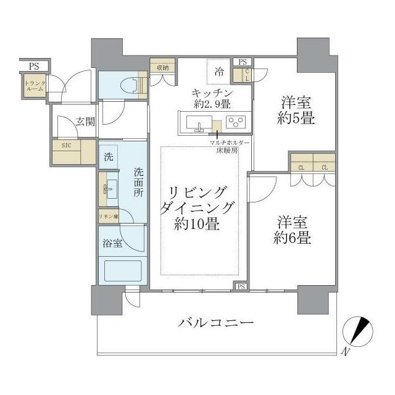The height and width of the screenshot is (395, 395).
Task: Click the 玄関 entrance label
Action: [86, 122]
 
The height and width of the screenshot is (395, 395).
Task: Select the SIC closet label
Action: [66, 146]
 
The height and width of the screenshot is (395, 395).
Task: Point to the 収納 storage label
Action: [162, 68]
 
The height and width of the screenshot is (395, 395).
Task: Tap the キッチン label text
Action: [211, 92]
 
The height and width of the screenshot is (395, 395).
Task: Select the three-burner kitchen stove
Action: [235, 121]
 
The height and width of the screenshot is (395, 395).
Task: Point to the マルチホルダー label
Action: [225, 143]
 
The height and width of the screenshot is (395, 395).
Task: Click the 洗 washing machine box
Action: [109, 157]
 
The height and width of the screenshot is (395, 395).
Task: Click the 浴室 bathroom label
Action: [112, 243]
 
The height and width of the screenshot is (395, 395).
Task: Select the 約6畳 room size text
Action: [293, 238]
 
